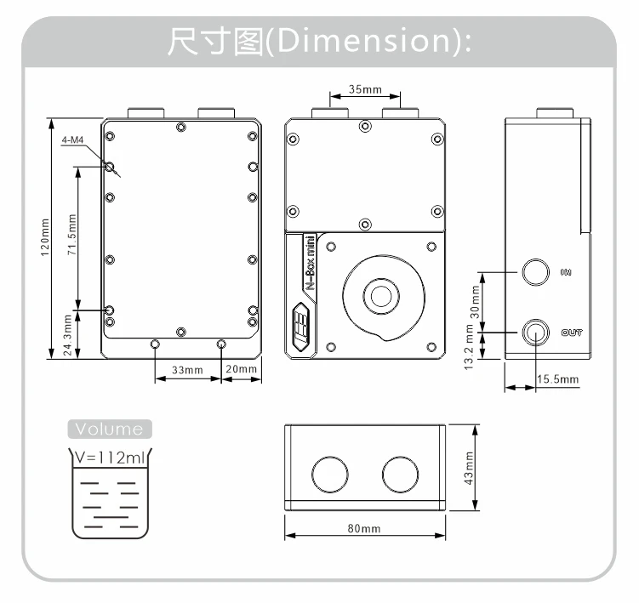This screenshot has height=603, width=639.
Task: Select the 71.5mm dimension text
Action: pyautogui.click(x=72, y=240)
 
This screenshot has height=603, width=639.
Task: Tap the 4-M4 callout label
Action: pyautogui.click(x=72, y=139)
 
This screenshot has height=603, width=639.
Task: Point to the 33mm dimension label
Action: pyautogui.click(x=187, y=369)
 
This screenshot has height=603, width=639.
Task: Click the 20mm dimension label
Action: pyautogui.click(x=242, y=369)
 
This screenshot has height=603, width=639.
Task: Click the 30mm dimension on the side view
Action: pyautogui.click(x=476, y=300)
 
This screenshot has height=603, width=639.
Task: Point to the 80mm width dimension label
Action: pyautogui.click(x=364, y=528)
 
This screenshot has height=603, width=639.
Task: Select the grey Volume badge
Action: pyautogui.click(x=109, y=428)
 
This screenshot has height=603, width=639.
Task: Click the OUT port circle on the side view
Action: pyautogui.click(x=535, y=332)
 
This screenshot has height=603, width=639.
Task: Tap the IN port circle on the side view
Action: pyautogui.click(x=535, y=273)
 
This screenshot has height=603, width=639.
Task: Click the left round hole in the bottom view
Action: pyautogui.click(x=328, y=474)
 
